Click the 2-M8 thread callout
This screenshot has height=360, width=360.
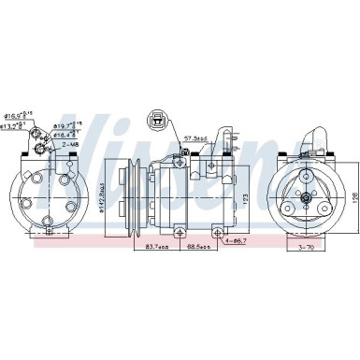coord(70,146)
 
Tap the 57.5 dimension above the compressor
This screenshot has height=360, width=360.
coord(193,138)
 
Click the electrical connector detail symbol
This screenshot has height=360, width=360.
coord(159,121)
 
